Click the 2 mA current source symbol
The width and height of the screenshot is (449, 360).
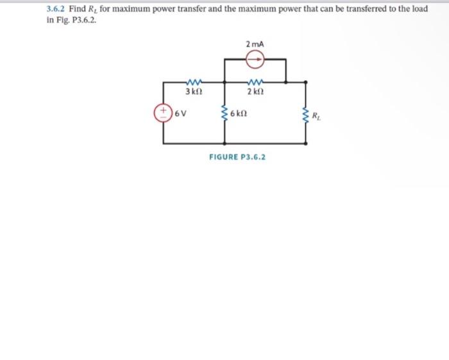coord(255,59)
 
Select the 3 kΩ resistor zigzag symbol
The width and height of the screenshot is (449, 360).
coord(192,81)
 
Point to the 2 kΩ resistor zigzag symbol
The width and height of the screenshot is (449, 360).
coord(255,81)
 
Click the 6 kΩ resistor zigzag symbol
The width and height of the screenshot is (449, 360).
coord(224,114)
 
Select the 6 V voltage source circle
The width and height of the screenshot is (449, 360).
coord(163,114)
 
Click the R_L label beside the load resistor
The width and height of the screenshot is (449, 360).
coord(318,116)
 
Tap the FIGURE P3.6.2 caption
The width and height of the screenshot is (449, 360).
coord(237,156)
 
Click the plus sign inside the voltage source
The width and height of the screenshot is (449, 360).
coord(163,110)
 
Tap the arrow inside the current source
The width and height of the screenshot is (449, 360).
coord(256,59)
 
